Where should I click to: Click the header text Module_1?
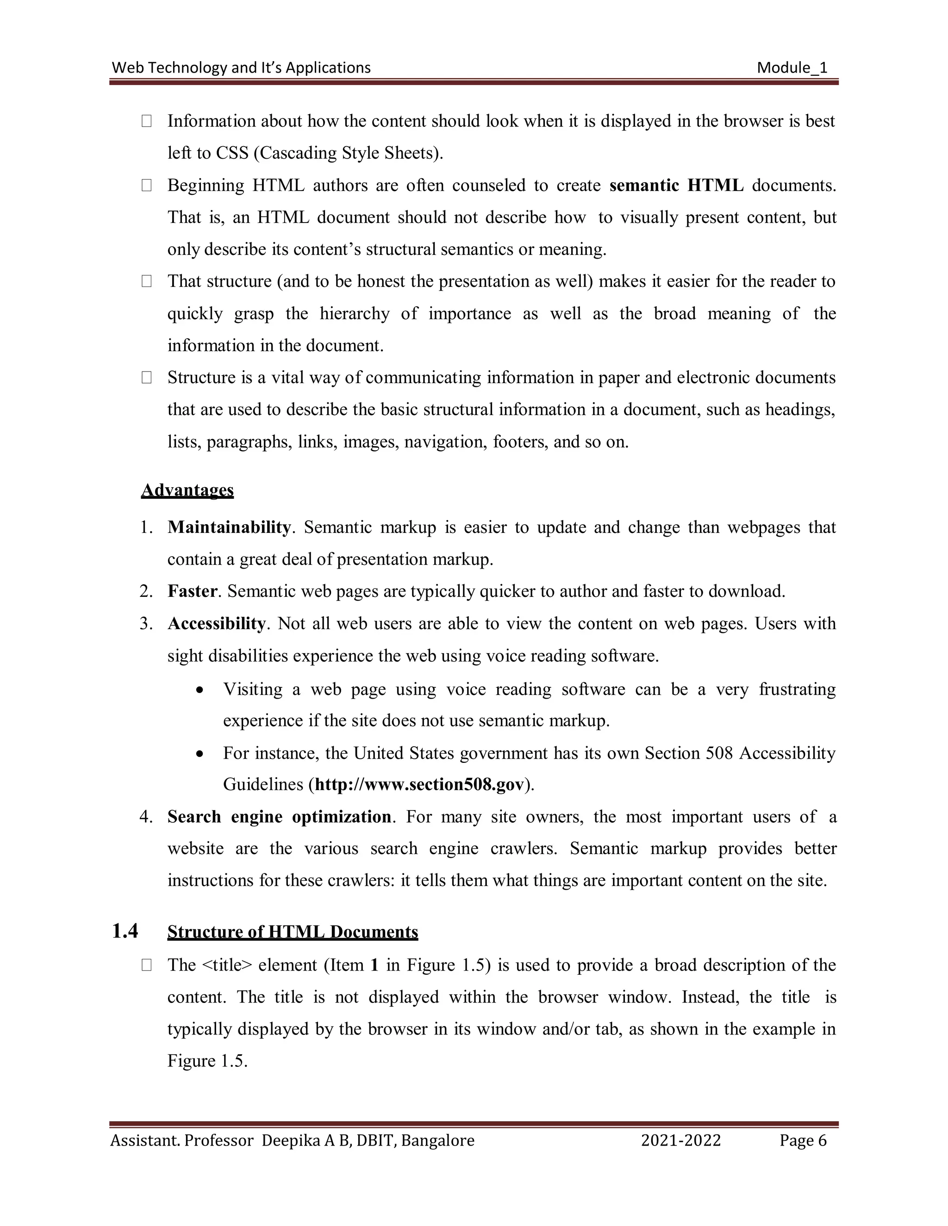[792, 68]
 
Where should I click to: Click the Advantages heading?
[187, 490]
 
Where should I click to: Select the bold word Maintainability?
[229, 528]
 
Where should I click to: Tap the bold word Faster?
[192, 591]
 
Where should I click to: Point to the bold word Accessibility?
[216, 624]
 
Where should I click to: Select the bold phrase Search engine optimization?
[279, 817]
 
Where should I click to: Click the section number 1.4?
[125, 931]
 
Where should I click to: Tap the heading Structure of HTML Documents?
[293, 932]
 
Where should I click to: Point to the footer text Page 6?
[803, 1141]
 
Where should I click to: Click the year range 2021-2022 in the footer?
[680, 1141]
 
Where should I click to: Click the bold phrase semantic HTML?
[676, 185]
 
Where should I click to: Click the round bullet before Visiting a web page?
[200, 690]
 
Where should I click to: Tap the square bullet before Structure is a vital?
[147, 378]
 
